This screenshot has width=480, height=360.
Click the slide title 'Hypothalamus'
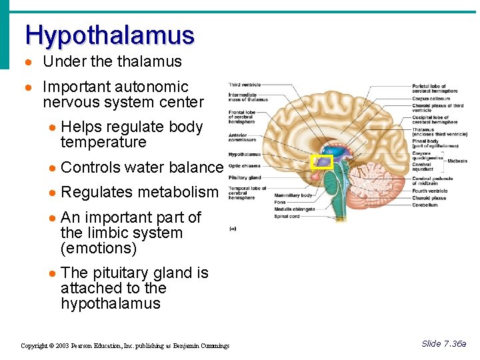110,35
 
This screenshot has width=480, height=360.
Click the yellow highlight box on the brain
323,161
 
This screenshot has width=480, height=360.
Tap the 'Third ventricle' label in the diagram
245,85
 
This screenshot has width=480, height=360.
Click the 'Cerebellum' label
425,205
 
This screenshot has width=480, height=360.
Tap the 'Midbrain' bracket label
457,161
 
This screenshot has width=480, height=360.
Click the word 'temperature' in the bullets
103,143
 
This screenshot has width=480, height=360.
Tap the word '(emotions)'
99,249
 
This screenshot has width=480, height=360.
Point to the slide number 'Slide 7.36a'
443,344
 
